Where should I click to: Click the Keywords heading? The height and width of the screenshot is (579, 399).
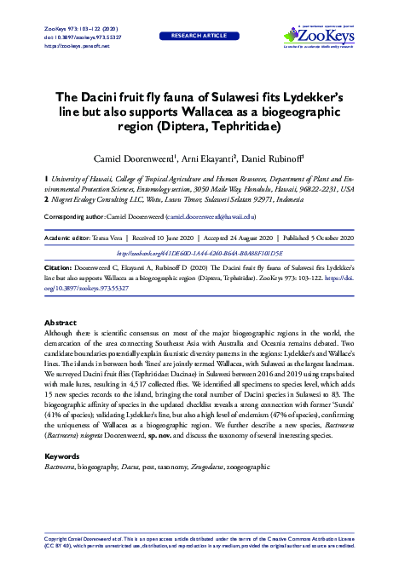pos(64,456)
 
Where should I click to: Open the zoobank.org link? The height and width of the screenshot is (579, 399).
pos(199,252)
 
